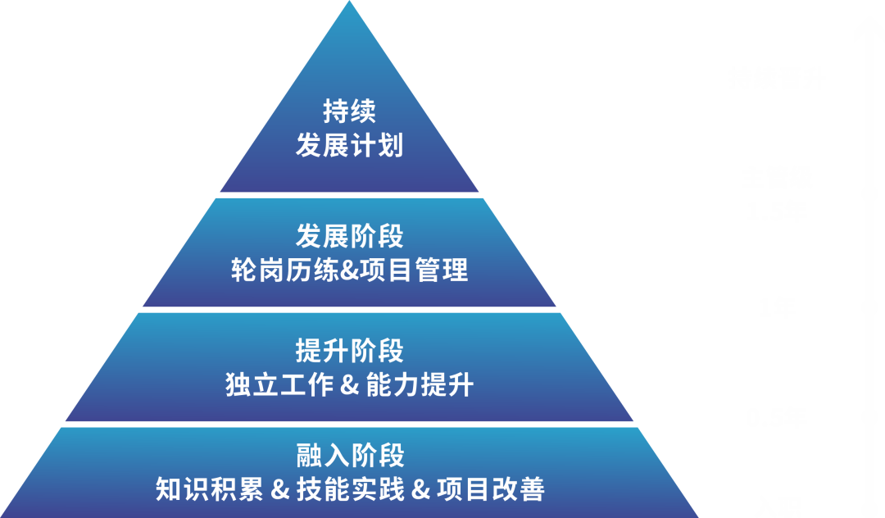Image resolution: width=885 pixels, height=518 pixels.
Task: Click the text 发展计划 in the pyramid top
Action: tap(350, 146)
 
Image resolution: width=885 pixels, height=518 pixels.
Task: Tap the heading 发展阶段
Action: tap(350, 237)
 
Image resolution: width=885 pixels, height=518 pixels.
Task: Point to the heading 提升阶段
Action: tap(350, 351)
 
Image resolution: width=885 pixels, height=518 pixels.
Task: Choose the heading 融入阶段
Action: tap(350, 455)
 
